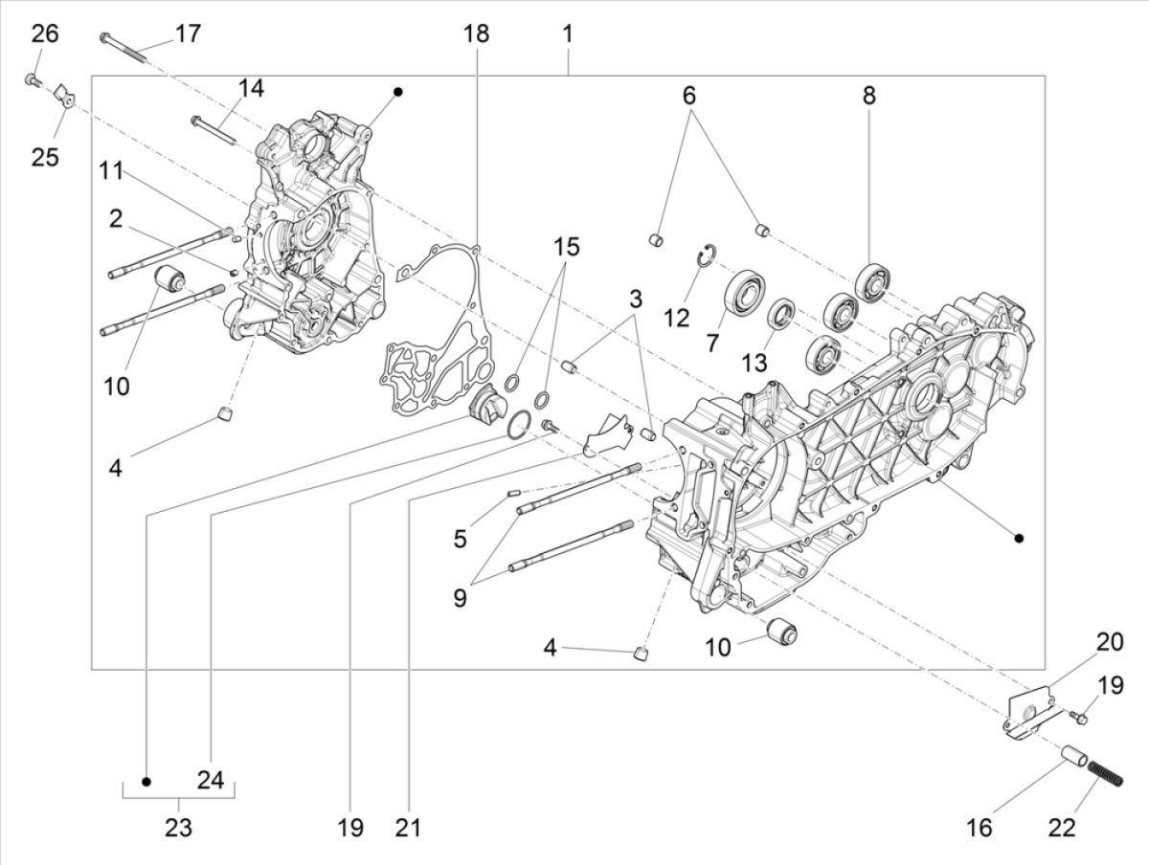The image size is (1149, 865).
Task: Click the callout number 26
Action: [x=45, y=34]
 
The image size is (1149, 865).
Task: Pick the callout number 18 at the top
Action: [x=476, y=33]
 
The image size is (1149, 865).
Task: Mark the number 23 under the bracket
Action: [x=178, y=828]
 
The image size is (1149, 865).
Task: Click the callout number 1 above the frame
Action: [x=568, y=33]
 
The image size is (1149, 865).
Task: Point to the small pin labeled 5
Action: [x=512, y=493]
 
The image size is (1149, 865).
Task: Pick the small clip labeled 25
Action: [x=66, y=95]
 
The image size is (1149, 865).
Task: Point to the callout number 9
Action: [x=461, y=598]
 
